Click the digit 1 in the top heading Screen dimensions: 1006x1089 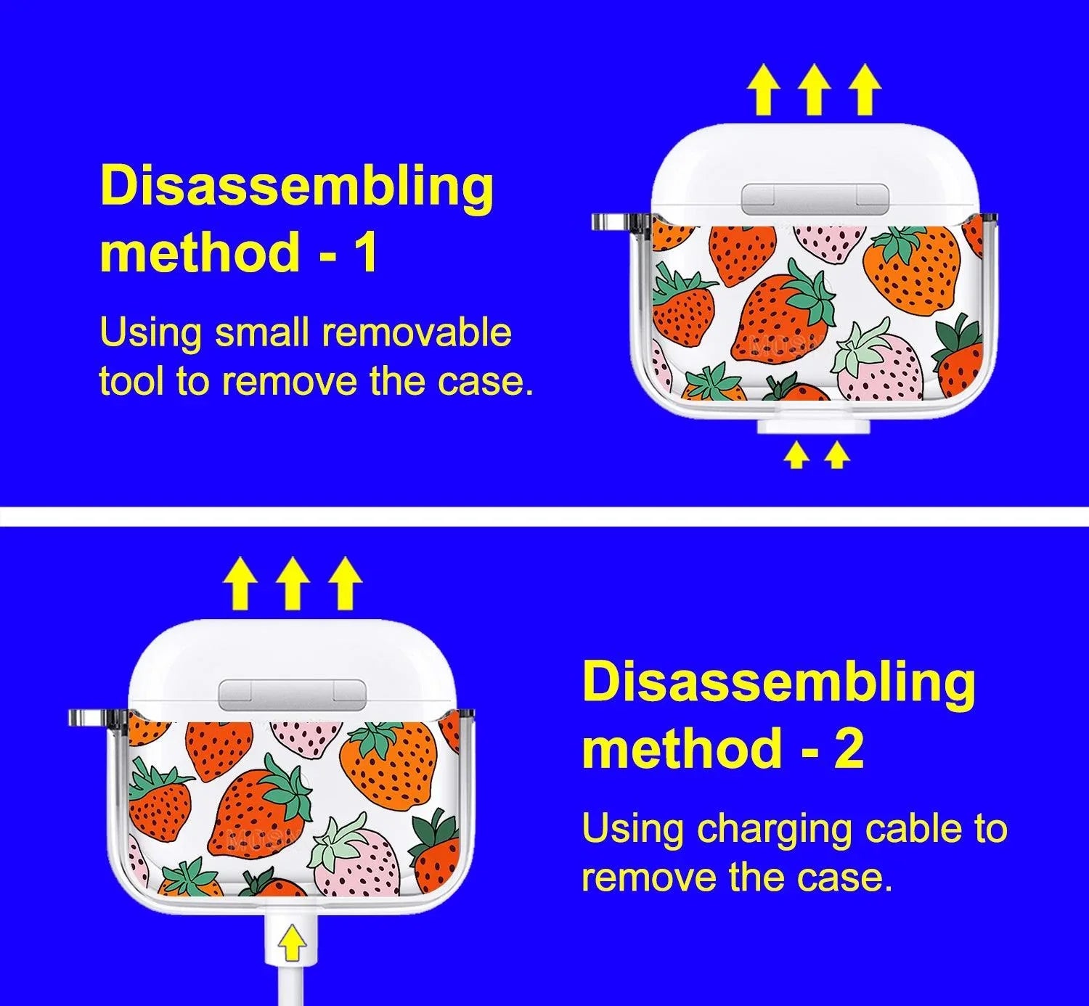tap(367, 252)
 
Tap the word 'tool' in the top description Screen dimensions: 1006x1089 tap(131, 380)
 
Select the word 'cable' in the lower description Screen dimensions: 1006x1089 tap(916, 828)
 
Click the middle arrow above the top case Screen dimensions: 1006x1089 tap(814, 89)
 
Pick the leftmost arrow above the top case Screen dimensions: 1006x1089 tap(764, 89)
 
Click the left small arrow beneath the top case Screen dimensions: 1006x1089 tap(796, 455)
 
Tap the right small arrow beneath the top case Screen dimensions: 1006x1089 tap(837, 455)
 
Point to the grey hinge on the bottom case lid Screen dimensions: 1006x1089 tap(292, 692)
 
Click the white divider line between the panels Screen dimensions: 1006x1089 tap(544, 516)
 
